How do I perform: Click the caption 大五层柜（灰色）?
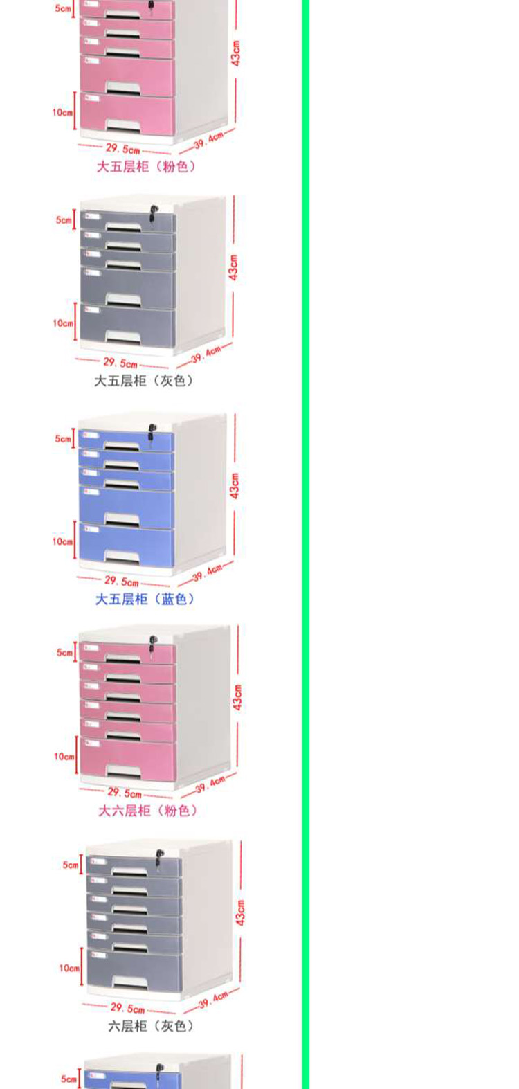[144, 381]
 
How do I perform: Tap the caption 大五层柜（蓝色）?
[145, 599]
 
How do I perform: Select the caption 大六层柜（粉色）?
[148, 810]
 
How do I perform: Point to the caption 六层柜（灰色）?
[152, 1025]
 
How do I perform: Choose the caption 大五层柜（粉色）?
[146, 167]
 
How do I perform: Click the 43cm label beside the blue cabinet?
[235, 486]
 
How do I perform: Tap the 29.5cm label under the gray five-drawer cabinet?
[120, 363]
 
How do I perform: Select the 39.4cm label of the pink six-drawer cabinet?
[210, 784]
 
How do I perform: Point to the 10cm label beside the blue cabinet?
[62, 541]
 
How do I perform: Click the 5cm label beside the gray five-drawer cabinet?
[64, 220]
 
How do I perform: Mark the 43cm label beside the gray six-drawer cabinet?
[241, 912]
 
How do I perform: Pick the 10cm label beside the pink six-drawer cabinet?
[64, 756]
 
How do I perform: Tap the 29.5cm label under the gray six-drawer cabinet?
[128, 1008]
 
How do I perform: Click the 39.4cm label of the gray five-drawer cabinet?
[206, 354]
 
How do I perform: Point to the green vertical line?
[305, 544]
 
